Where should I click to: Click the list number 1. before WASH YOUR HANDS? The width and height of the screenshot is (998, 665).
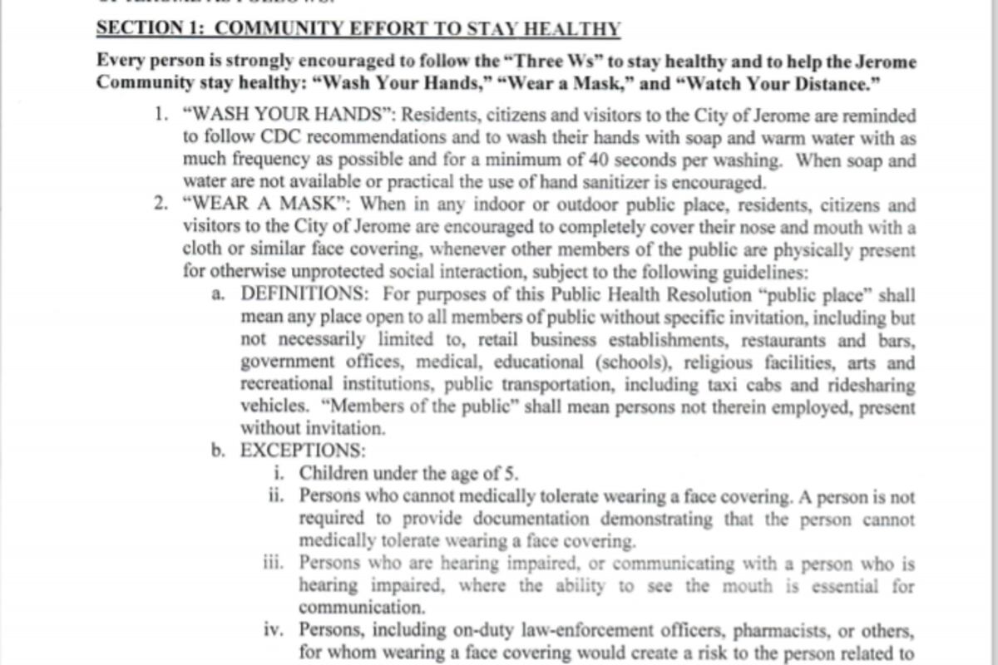pyautogui.click(x=161, y=116)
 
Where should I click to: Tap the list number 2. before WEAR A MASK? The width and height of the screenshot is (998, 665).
pyautogui.click(x=161, y=204)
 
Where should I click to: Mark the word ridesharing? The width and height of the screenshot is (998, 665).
pyautogui.click(x=865, y=385)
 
